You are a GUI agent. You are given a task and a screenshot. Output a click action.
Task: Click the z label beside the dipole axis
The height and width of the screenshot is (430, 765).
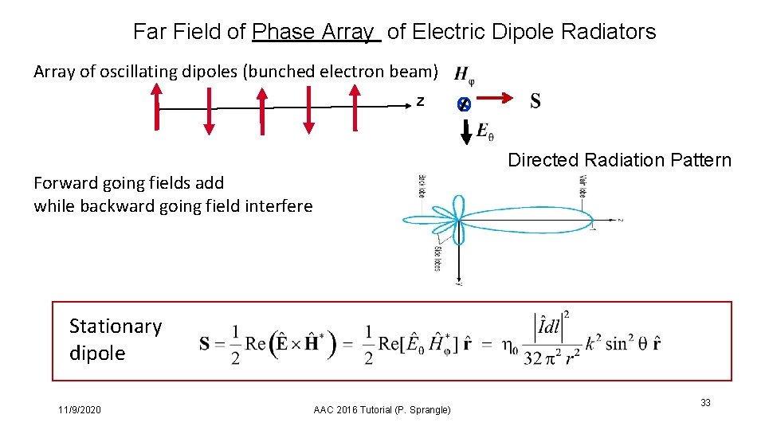click(x=420, y=102)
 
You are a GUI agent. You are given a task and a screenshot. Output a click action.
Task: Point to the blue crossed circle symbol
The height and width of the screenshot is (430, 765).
click(x=464, y=104)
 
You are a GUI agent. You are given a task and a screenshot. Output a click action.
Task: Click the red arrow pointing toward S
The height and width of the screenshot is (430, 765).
click(x=493, y=98)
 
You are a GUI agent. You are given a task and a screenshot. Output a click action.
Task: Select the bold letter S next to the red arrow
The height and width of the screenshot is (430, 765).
click(x=535, y=100)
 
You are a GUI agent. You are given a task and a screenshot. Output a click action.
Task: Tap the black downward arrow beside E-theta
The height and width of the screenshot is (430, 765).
click(x=467, y=131)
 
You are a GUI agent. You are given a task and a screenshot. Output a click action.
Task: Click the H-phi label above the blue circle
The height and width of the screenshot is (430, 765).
click(x=465, y=75)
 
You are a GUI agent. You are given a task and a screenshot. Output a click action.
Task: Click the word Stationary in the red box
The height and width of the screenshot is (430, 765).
click(x=116, y=326)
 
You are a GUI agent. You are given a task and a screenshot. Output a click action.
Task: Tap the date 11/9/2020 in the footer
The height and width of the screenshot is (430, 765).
click(x=80, y=409)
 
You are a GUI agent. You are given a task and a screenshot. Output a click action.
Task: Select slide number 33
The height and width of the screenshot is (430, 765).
click(x=705, y=404)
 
